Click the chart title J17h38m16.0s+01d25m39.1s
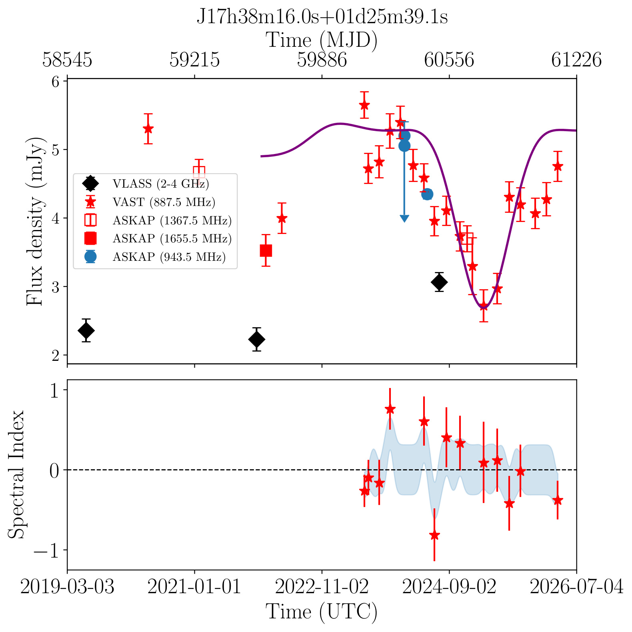322,17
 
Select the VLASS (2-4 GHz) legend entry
146,184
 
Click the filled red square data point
266,251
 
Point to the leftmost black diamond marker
86,330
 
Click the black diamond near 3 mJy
439,282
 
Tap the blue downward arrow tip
404,221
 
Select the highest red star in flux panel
364,105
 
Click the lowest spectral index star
434,535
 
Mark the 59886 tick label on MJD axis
322,60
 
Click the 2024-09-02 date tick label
449,587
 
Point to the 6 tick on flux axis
56,82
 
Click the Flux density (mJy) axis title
35,222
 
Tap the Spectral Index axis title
17,474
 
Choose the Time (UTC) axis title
322,612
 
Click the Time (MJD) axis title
322,40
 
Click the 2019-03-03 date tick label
67,587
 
